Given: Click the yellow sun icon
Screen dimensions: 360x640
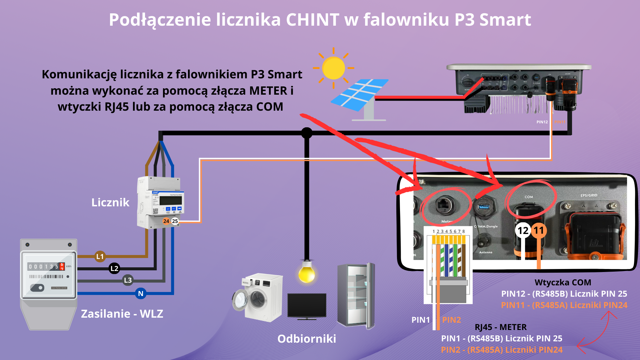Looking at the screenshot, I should tap(333, 68).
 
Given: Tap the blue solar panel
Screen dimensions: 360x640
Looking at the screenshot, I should tap(359, 94).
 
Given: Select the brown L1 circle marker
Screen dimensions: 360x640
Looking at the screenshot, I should tap(100, 256).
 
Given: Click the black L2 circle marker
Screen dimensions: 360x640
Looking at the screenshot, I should tap(114, 268).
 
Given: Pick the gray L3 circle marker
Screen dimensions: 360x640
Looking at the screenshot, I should tap(128, 280).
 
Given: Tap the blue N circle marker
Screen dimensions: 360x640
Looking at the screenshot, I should tap(141, 294).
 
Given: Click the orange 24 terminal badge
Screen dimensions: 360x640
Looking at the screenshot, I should tap(166, 221).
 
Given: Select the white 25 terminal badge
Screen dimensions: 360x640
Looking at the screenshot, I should tap(175, 221).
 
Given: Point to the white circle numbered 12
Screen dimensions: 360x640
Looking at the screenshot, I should tap(523, 230).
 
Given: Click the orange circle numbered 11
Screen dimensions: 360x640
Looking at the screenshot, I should tap(539, 230).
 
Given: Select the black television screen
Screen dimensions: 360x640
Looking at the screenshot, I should tap(307, 305).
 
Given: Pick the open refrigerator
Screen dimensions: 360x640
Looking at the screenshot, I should tap(356, 295).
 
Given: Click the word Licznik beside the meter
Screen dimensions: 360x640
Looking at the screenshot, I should tap(110, 202).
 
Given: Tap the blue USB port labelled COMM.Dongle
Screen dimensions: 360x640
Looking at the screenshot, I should tap(484, 207).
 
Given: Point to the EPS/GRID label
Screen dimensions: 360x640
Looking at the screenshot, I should tap(589, 195).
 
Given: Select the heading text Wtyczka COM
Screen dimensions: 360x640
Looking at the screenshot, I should tap(563, 282).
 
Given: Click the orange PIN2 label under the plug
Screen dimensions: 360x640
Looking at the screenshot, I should tap(451, 320).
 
